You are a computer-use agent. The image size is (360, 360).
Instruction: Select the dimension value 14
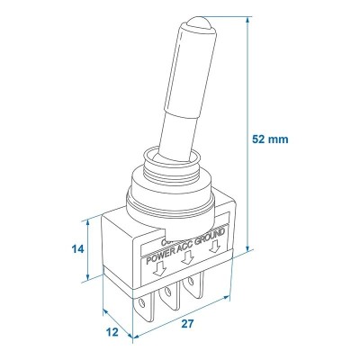click(78, 248)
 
